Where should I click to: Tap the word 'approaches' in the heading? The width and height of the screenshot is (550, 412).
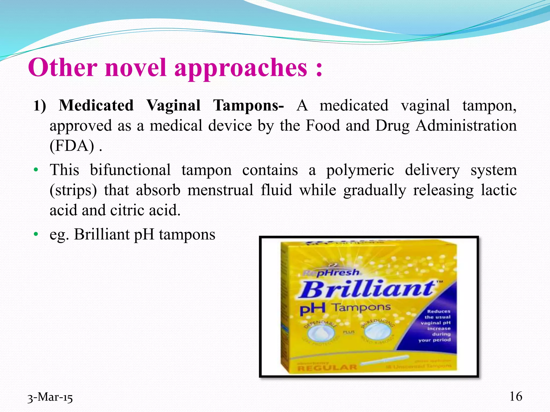point(241,68)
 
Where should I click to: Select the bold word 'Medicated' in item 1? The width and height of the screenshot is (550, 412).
point(96,105)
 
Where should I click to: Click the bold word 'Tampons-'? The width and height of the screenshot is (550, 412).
point(248,105)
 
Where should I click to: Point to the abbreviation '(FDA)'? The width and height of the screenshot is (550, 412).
point(72,146)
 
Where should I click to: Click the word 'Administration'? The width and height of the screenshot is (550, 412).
point(466,126)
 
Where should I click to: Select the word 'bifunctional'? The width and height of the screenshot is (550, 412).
point(130,170)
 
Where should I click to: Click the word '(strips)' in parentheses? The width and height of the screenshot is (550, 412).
point(73,190)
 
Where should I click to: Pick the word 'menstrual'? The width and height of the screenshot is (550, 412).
point(220,190)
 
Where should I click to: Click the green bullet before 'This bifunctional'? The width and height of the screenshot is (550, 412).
point(36,170)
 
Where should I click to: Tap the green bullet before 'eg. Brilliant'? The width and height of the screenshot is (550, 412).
point(36,234)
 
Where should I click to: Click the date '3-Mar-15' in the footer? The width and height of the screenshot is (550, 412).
point(50,397)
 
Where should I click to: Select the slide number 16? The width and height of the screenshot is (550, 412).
point(516,396)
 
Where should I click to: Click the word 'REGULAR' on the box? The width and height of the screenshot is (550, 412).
point(327,367)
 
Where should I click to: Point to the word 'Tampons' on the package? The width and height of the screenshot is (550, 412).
point(361,307)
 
